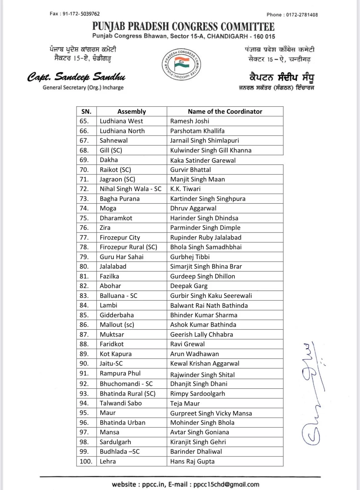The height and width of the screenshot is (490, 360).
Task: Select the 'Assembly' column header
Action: click(131, 111)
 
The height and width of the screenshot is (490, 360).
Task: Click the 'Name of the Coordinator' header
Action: click(225, 111)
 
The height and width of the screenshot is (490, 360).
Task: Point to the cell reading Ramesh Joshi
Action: click(190, 121)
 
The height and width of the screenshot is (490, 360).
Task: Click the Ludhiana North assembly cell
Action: click(122, 131)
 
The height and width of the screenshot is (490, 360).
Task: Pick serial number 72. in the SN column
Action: click(84, 189)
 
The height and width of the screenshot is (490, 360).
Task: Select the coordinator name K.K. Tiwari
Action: click(185, 189)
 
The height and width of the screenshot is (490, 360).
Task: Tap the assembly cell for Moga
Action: click(108, 208)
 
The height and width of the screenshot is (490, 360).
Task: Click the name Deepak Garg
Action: click(189, 286)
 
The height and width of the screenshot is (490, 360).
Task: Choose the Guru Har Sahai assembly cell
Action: click(121, 257)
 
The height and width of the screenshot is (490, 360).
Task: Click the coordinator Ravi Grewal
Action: click(187, 344)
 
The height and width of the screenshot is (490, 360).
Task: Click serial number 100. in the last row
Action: click(86, 461)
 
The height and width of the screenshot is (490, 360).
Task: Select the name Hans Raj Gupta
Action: click(192, 461)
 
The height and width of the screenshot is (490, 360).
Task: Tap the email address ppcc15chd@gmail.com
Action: click(226, 484)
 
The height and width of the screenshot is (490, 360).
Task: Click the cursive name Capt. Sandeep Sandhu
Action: click(76, 77)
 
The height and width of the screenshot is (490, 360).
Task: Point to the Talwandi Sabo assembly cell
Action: click(121, 403)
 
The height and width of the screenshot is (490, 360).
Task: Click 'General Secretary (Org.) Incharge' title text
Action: click(83, 87)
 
